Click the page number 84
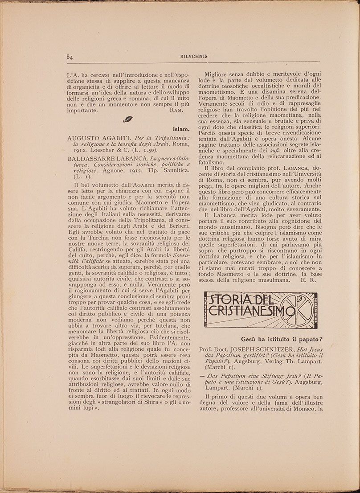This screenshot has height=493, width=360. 70,57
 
